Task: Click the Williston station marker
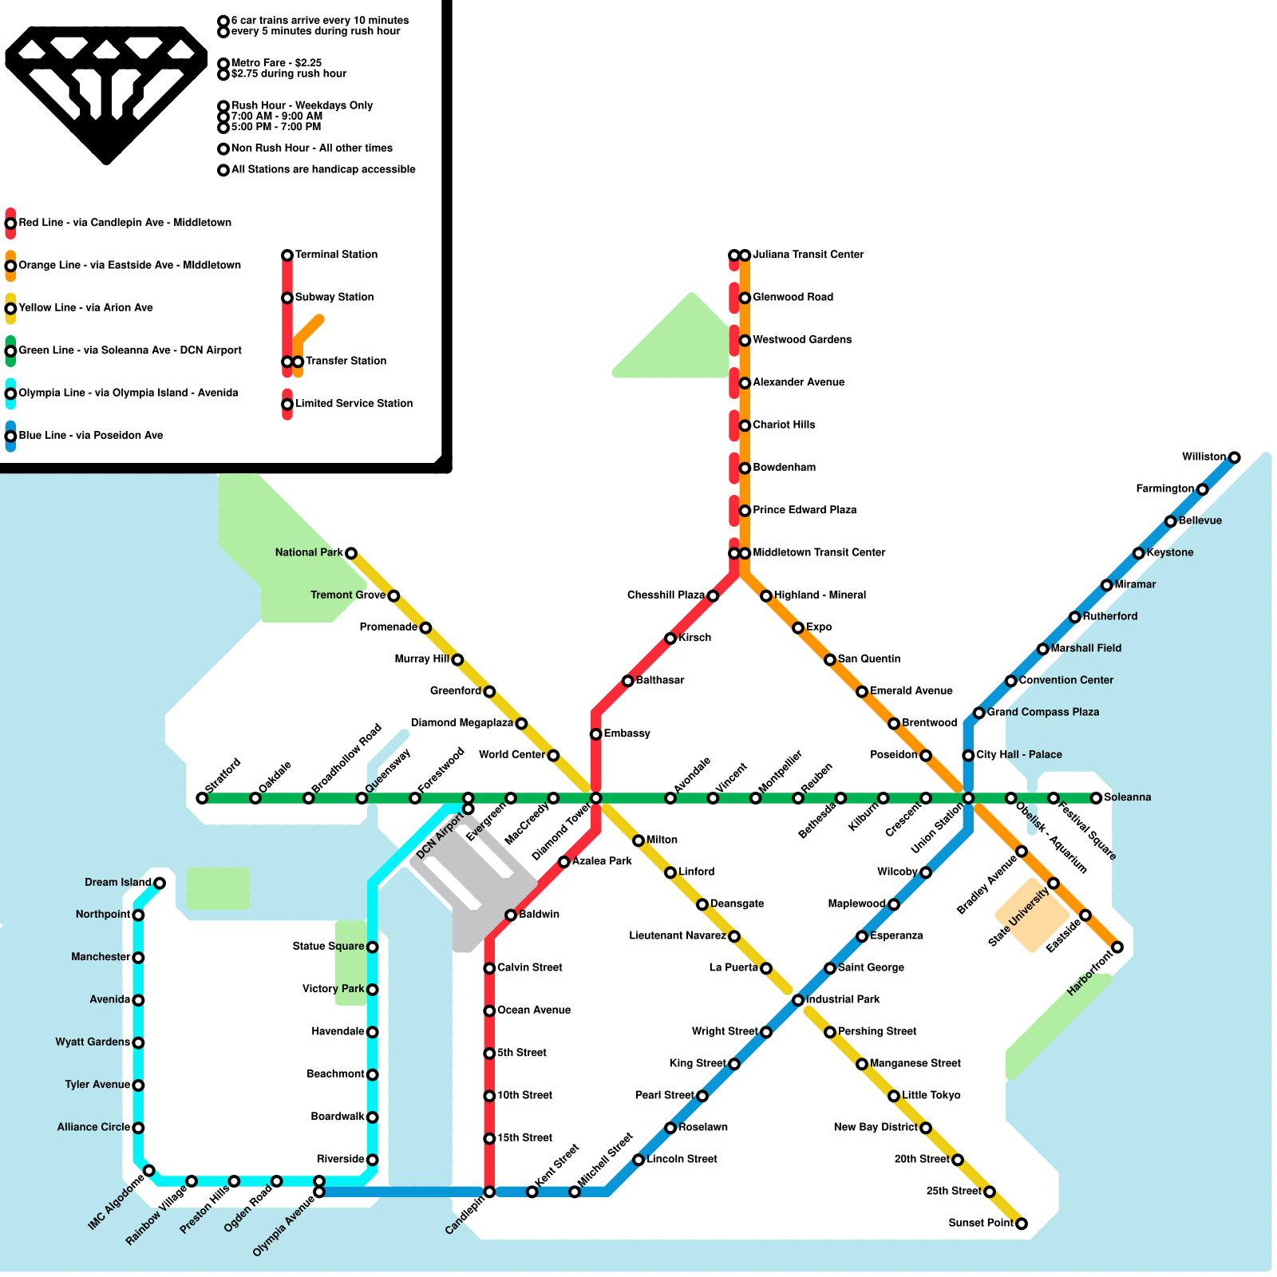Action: point(1234,457)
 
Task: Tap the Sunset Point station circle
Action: point(1021,1224)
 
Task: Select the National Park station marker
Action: point(350,553)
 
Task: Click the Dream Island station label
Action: point(117,882)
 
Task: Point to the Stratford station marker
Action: point(202,798)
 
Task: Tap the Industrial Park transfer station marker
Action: point(798,1000)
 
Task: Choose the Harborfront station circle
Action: point(1117,947)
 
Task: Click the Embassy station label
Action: point(627,733)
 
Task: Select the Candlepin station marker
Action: point(489,1192)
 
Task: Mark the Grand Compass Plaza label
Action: point(1042,712)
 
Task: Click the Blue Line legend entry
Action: point(90,435)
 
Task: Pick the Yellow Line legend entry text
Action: point(85,307)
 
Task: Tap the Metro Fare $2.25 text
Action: point(276,62)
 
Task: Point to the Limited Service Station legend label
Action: point(354,403)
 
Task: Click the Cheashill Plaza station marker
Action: point(713,596)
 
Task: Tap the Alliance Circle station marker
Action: point(138,1128)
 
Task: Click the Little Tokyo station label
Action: point(931,1095)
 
